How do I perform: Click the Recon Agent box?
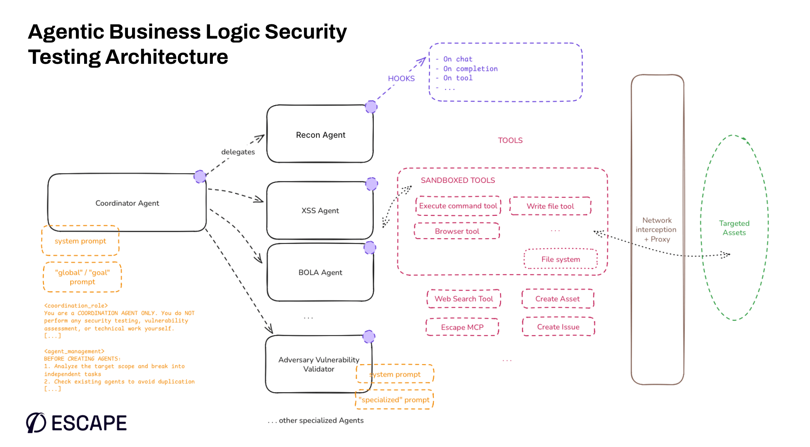click(x=320, y=135)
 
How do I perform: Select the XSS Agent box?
click(x=320, y=210)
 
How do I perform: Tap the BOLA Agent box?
click(x=320, y=272)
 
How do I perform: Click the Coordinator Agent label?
click(x=127, y=203)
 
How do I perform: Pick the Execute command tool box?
click(x=458, y=206)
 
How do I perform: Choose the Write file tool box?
click(x=550, y=206)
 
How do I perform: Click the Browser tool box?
click(x=457, y=231)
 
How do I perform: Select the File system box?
click(x=561, y=259)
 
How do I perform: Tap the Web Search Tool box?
click(x=463, y=299)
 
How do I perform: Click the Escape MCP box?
click(x=462, y=327)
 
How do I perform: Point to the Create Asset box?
click(x=557, y=299)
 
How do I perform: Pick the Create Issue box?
click(x=558, y=327)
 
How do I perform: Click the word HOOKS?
click(x=401, y=78)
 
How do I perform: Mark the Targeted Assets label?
click(x=734, y=228)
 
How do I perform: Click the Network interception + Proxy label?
click(x=657, y=230)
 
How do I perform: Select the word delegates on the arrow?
click(x=238, y=152)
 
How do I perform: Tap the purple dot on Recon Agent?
click(x=371, y=107)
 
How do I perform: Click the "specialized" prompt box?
click(x=394, y=400)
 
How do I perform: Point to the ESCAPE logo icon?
click(x=36, y=423)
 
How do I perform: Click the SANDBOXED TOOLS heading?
click(x=458, y=180)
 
